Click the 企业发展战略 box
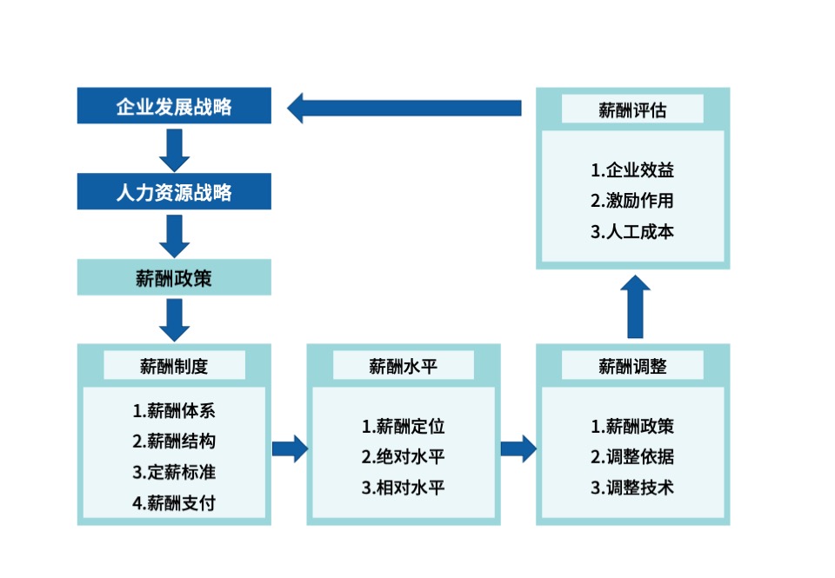174,107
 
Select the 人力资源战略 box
174,191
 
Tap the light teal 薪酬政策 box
174,278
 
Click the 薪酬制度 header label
174,366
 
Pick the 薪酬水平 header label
403,366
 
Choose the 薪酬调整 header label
632,366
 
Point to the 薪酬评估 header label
632,110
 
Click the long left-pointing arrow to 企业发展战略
404,108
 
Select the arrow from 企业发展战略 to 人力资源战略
175,149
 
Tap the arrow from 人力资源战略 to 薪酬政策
175,235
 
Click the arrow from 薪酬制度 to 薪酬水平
290,448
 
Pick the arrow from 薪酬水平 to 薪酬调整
518,448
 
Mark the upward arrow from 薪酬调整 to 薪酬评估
636,307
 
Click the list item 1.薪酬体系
174,410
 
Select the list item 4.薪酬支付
174,502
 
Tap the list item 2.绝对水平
403,456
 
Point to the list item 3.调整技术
632,487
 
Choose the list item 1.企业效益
632,170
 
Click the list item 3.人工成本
632,231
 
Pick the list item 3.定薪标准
174,472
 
